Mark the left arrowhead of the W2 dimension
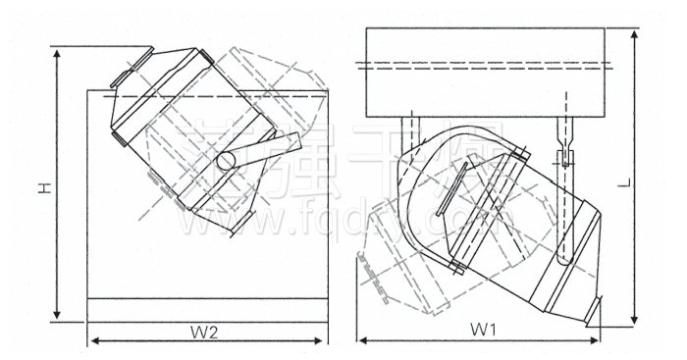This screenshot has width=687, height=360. pos(93,340)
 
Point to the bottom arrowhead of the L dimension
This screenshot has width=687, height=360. pos(637,322)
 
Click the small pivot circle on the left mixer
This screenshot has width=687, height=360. pos(227,159)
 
